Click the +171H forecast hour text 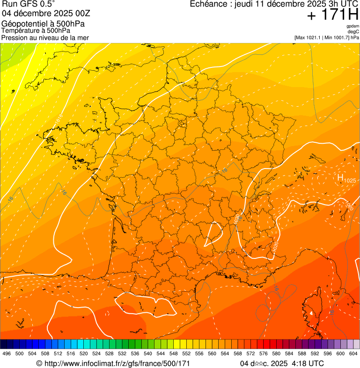click(x=332, y=15)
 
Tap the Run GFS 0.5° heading click(x=28, y=5)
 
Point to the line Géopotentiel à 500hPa click(x=43, y=24)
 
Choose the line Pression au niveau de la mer click(x=45, y=37)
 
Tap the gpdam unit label click(x=353, y=26)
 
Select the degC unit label click(x=353, y=31)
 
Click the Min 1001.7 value click(x=336, y=37)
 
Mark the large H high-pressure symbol click(x=340, y=177)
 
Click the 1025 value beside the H click(x=350, y=180)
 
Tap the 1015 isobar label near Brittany click(x=59, y=120)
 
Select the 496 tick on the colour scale click(x=7, y=354)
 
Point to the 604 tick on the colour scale click(x=353, y=354)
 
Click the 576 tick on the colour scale click(x=264, y=354)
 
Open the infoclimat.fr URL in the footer click(x=117, y=363)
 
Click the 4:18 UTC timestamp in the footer click(x=308, y=363)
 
